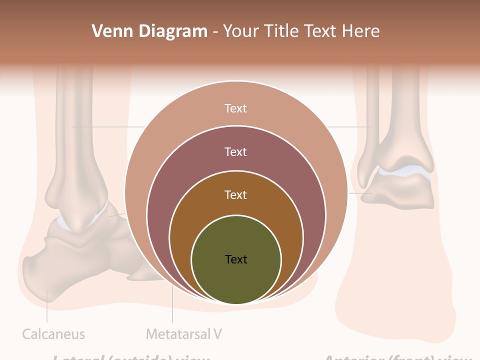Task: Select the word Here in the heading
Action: pyautogui.click(x=360, y=31)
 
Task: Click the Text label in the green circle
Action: pyautogui.click(x=236, y=259)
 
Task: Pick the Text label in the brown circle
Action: pyautogui.click(x=236, y=194)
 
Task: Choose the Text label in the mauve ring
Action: pyautogui.click(x=236, y=151)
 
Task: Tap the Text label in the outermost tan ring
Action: pyautogui.click(x=236, y=108)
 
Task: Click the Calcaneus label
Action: pyautogui.click(x=53, y=334)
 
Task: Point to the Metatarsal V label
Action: pyautogui.click(x=184, y=334)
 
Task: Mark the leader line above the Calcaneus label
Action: pyautogui.click(x=47, y=307)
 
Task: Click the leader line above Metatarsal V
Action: pyautogui.click(x=172, y=305)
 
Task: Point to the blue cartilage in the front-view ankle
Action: pyautogui.click(x=405, y=171)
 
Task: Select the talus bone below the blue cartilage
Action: pyautogui.click(x=400, y=192)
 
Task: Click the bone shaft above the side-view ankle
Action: pyautogui.click(x=75, y=130)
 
